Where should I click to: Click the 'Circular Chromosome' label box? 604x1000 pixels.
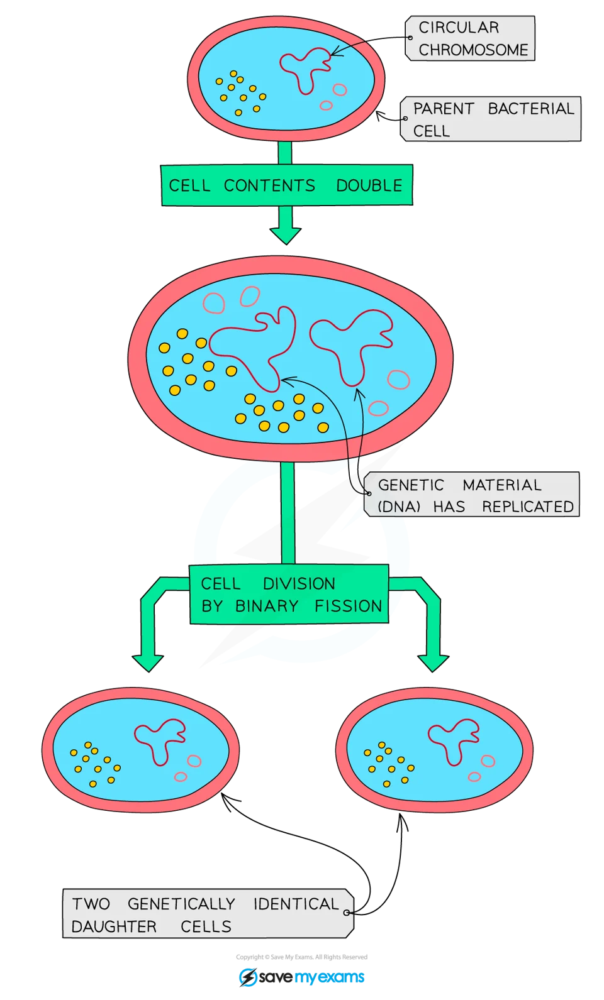471,38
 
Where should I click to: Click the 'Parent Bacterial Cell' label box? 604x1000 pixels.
491,119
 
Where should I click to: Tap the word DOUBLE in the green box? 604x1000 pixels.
369,186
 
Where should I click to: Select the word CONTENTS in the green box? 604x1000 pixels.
269,186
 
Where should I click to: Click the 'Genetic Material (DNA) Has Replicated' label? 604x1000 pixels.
472,495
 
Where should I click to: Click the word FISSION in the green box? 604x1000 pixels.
349,606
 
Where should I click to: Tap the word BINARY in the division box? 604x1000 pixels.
267,606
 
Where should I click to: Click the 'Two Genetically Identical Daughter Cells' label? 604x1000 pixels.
206,915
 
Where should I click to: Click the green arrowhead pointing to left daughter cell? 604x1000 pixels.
148,662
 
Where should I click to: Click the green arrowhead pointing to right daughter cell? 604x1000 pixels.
433,662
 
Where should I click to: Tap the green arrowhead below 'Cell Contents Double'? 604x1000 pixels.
286,234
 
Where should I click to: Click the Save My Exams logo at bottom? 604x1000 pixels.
301,977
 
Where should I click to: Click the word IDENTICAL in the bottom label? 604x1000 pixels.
296,904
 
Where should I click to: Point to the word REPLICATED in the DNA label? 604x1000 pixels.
527,507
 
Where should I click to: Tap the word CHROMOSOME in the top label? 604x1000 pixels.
473,50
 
